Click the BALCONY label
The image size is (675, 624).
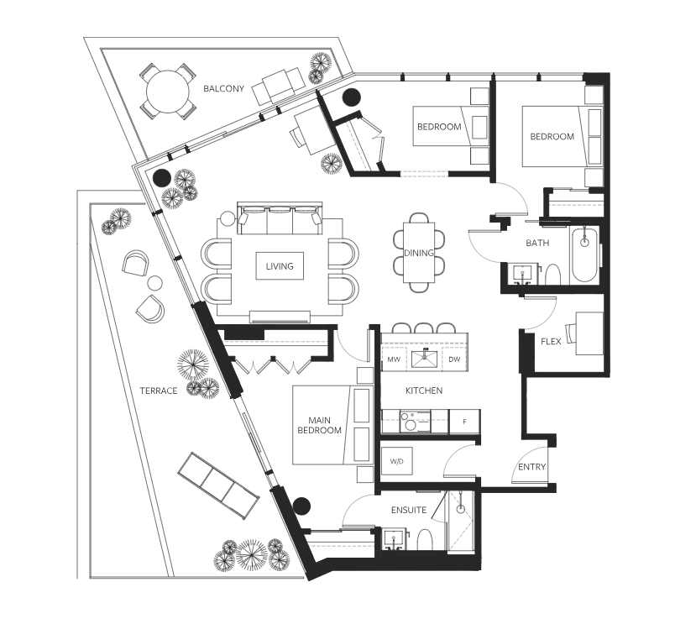coord(223,89)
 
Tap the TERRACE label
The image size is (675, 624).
coord(159,391)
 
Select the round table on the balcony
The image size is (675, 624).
coord(167,92)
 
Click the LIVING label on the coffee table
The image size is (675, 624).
coord(280,266)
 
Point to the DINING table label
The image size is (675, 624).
coord(418,253)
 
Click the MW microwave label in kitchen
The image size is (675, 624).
coord(394,359)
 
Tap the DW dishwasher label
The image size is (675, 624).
coord(454,359)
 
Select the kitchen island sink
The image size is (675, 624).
coord(425,359)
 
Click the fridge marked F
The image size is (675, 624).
coord(464,422)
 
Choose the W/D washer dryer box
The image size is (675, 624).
coord(397,461)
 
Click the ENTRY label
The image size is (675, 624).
coord(531,467)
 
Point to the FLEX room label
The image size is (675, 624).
coord(551,342)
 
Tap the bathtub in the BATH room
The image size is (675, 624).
coord(584,256)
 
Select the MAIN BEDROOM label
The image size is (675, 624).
coord(319,425)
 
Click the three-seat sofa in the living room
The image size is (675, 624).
coord(280,218)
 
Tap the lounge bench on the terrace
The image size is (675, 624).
coord(218,485)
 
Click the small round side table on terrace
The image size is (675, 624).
coord(155,283)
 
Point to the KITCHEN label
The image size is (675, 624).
coord(424,391)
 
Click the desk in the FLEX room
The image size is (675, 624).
coord(589,333)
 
